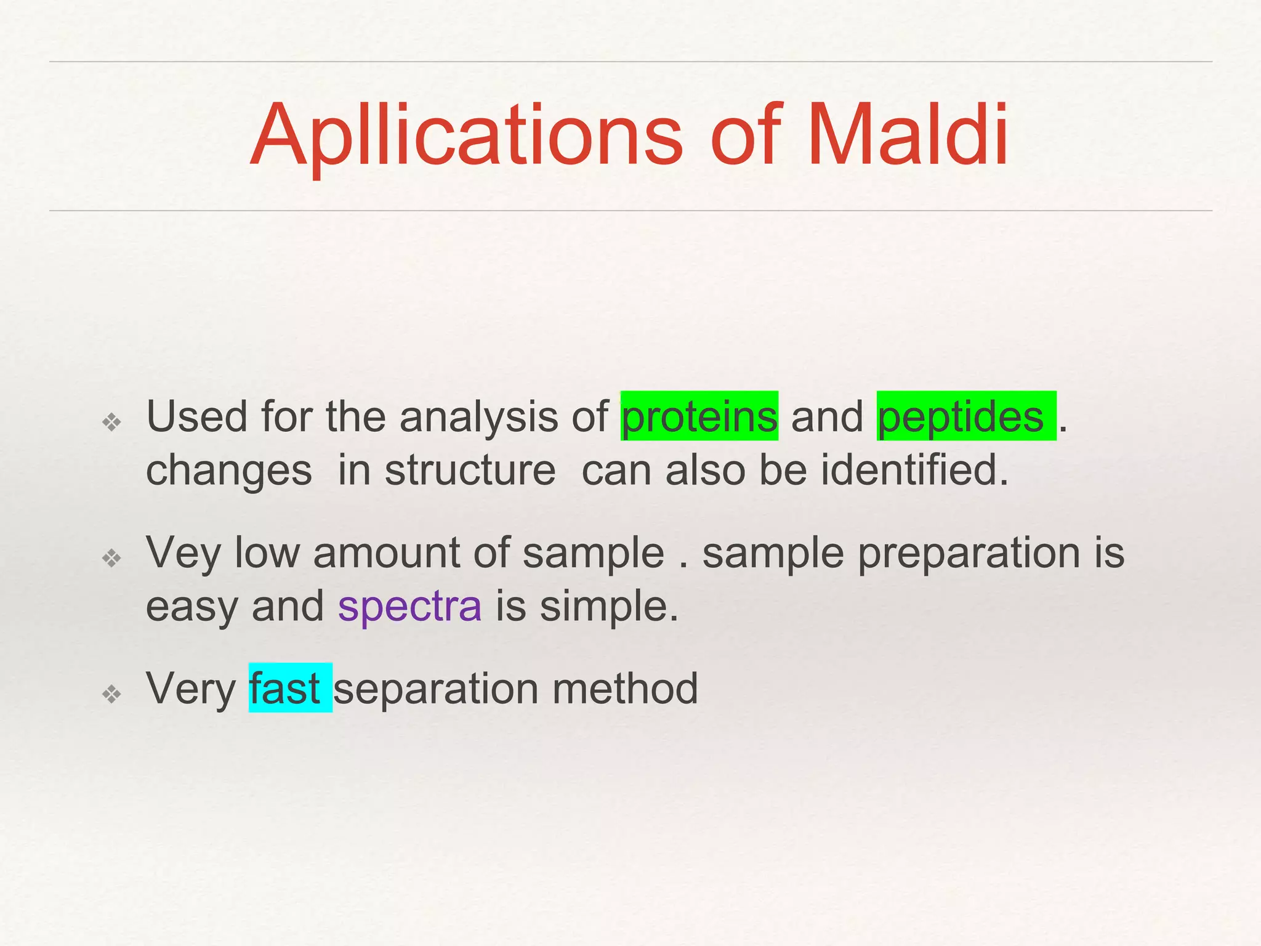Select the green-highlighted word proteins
[699, 417]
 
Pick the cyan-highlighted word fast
[284, 688]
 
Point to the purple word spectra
[409, 606]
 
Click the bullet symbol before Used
[112, 422]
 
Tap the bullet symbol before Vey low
[112, 558]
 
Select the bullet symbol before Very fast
[112, 694]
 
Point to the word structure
[470, 471]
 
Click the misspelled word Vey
[183, 553]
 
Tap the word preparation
[969, 553]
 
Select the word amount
[386, 553]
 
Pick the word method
[625, 688]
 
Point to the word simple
[608, 606]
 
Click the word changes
[228, 471]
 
